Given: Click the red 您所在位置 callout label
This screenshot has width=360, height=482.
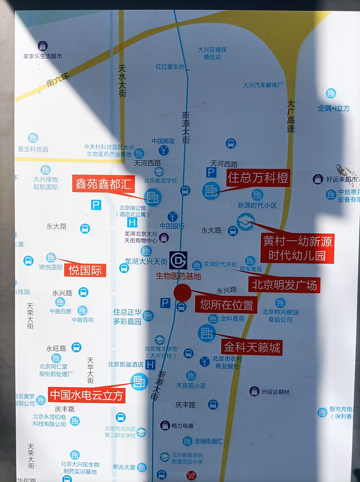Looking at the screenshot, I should (226, 304).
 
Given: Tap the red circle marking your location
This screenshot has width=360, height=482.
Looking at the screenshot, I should (182, 293).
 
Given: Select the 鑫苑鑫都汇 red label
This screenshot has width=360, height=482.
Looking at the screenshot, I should (103, 184).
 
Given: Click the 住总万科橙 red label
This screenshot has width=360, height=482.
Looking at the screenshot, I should (258, 178).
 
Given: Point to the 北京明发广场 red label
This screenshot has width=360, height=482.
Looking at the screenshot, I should (284, 285).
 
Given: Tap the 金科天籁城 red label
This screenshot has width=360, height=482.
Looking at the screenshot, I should (252, 347).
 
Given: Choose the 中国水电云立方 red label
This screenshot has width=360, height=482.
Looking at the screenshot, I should (87, 395).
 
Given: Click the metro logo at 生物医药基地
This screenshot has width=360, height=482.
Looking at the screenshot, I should (178, 260).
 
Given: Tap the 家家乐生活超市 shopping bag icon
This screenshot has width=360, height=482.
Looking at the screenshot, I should (43, 46).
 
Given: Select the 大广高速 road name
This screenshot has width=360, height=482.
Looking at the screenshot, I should (290, 116).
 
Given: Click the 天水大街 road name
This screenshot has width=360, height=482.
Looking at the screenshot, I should (122, 81).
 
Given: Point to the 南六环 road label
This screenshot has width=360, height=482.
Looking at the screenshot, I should (58, 80).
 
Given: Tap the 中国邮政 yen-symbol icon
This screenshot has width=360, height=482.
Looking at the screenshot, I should (164, 150).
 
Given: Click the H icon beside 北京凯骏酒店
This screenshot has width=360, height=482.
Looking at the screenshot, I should (150, 365).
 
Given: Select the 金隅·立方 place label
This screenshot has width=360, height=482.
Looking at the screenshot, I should (334, 108).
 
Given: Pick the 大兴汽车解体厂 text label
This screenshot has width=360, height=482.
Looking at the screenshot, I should (263, 85).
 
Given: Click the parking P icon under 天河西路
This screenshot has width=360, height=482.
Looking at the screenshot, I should (211, 172).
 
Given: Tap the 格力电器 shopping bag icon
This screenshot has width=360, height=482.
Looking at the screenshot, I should (165, 426).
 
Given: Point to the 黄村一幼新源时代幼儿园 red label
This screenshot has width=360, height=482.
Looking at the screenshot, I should (297, 248).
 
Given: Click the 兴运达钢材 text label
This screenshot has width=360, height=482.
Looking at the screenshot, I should (275, 392).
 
